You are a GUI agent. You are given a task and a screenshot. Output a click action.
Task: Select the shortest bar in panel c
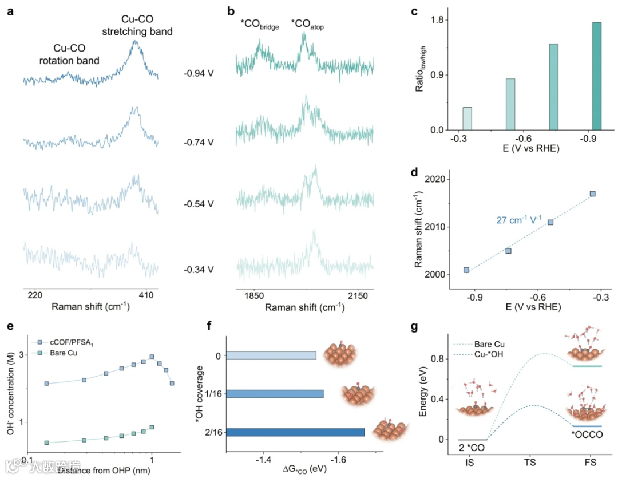467,118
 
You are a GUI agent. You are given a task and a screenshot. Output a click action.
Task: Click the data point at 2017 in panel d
593,193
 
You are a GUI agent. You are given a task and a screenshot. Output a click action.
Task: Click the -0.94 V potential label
199,73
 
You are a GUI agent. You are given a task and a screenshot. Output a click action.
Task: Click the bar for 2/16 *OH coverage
296,432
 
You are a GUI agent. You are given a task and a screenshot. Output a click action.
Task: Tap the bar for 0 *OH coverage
271,355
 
